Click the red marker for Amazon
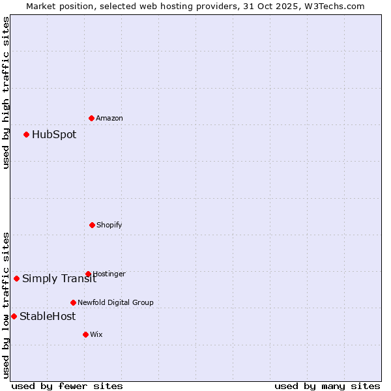92,118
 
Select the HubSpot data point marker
27,135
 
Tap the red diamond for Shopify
92,225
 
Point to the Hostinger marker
88,274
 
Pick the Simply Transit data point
17,278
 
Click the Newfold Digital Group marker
73,302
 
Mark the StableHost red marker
14,316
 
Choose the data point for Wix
85,334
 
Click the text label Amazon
109,118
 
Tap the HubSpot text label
54,135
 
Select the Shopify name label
109,225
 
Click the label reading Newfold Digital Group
115,302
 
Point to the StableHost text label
48,317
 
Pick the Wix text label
96,334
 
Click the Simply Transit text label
59,279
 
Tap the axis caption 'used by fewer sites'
67,386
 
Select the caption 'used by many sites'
327,386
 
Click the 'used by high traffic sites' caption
6,93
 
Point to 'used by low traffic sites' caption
6,304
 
